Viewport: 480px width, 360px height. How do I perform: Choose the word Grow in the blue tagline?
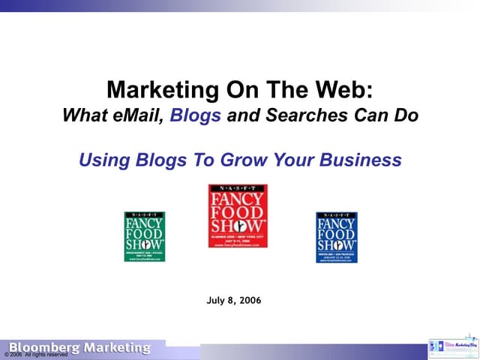coord(247,160)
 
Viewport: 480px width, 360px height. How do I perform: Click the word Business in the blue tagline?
coord(361,160)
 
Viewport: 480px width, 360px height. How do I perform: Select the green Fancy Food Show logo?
coord(145,236)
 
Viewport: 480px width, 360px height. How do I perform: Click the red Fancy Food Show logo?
coord(238,216)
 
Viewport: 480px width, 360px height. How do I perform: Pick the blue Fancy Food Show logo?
coord(336,236)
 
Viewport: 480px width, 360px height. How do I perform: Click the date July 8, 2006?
coord(233,301)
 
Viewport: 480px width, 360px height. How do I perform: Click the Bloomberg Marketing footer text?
coord(79,348)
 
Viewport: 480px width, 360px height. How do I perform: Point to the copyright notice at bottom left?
coord(35,355)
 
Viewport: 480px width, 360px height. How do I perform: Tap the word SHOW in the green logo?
coord(145,244)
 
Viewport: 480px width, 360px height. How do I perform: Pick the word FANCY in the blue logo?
coord(336,223)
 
